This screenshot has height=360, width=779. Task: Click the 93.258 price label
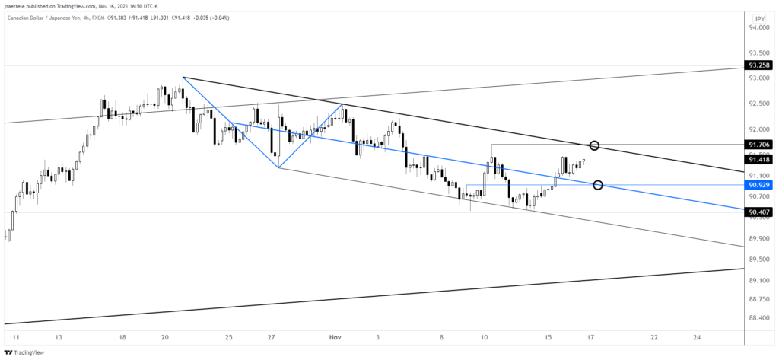coord(760,66)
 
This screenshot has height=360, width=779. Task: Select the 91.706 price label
coord(760,145)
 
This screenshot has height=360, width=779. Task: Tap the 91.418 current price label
coord(760,159)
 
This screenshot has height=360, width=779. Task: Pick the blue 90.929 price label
coord(760,185)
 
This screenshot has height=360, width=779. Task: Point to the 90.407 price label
coord(760,212)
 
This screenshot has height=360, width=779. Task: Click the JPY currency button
coord(759,18)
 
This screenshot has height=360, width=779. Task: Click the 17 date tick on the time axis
coord(591,336)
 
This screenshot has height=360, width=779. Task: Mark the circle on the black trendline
coord(595,145)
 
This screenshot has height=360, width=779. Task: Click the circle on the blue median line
coord(598,185)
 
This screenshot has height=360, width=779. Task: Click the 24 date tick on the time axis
coord(696,336)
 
